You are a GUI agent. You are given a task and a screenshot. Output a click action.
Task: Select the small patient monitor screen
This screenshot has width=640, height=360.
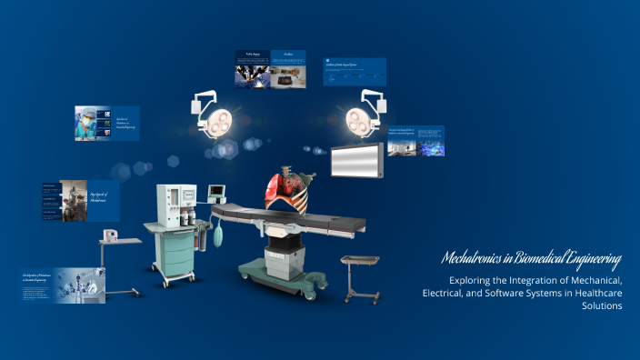tap(216, 191)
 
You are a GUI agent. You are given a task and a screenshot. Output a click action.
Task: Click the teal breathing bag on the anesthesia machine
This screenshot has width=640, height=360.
tap(220, 238)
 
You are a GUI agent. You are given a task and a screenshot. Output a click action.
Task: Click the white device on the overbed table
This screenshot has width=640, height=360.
tap(110, 235)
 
